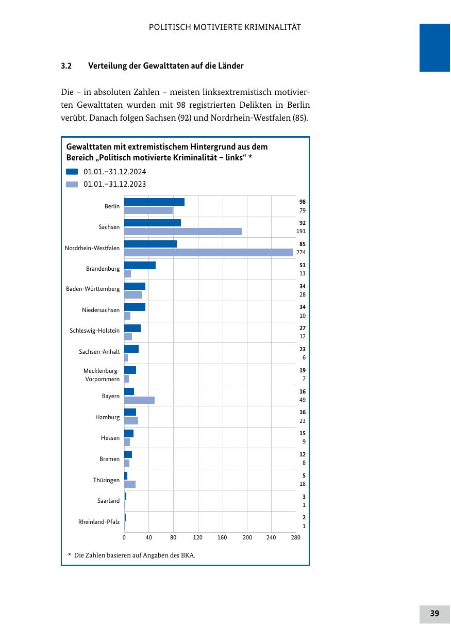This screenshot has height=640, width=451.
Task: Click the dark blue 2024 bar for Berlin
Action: click(154, 202)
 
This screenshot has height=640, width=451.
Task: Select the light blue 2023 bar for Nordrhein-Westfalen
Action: click(208, 252)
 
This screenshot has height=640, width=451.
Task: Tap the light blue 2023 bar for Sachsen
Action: click(183, 232)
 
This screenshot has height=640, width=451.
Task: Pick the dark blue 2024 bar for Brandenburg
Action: click(140, 265)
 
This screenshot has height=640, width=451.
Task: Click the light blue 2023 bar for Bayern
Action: click(139, 400)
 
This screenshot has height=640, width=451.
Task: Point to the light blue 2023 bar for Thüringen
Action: click(130, 484)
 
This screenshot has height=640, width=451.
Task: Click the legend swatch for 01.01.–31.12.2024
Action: click(72, 172)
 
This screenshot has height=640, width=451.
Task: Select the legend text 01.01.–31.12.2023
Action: click(114, 184)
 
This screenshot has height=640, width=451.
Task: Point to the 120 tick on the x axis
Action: click(198, 537)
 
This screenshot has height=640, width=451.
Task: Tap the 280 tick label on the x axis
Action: click(295, 537)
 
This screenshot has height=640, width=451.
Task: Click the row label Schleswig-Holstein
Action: click(94, 331)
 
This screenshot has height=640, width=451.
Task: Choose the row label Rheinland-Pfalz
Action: click(98, 522)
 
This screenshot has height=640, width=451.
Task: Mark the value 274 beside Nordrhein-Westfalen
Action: click(301, 253)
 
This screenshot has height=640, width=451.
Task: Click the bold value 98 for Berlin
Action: click(303, 202)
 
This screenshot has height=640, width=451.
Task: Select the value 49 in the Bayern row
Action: click(303, 400)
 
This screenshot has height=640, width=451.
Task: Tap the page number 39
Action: click(435, 614)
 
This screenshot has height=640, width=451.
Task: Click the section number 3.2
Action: click(66, 66)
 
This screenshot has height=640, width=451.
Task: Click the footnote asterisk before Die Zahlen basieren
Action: click(69, 555)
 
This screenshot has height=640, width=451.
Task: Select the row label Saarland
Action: click(108, 501)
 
